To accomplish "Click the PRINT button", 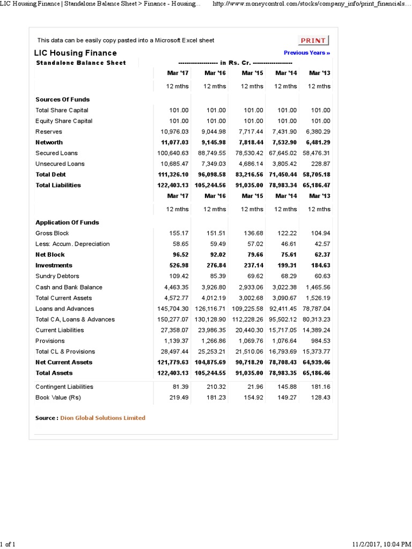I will tap(313, 41).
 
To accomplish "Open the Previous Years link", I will tap(307, 53).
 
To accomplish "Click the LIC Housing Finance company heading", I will tap(75, 53).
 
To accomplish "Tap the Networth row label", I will tap(49, 143).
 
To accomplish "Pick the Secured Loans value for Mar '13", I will tap(317, 153).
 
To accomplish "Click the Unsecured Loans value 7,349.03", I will tap(212, 164).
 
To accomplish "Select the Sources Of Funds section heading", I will tap(62, 100).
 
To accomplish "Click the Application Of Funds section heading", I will tap(67, 222).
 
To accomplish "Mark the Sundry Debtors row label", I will tap(57, 277).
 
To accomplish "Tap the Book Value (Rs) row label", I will tap(58, 397).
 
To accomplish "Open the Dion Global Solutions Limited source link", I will tap(102, 418).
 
